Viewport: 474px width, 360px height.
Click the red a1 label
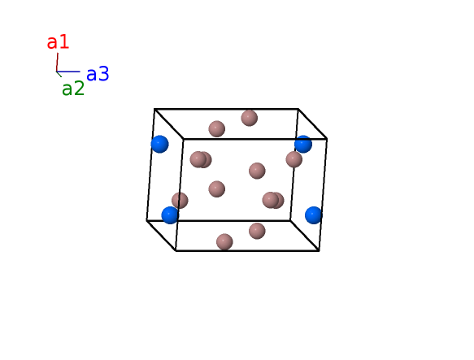point(58,42)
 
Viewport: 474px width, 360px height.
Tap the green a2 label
point(73,89)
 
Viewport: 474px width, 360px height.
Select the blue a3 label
point(98,74)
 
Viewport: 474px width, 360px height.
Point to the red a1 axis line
point(57,63)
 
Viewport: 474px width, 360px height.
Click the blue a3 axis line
point(68,72)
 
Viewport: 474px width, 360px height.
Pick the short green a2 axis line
point(59,74)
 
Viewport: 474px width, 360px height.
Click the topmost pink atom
point(250,118)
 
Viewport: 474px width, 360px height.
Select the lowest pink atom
point(224,242)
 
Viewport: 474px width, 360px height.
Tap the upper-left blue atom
point(159,144)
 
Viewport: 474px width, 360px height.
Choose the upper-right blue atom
point(303,144)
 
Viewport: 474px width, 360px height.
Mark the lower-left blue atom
point(170,215)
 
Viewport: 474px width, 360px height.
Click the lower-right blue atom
point(314,215)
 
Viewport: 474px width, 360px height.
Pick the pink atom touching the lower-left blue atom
point(180,200)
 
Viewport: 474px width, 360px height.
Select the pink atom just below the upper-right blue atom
point(294,159)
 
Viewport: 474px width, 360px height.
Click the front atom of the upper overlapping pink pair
point(198,159)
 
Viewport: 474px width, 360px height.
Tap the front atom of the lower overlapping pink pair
point(271,200)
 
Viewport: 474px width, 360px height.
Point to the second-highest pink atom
point(217,128)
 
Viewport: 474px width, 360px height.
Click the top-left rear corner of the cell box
point(154,109)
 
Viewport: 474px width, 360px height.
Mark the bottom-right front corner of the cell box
point(320,250)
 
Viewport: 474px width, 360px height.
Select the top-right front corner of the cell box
point(327,139)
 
